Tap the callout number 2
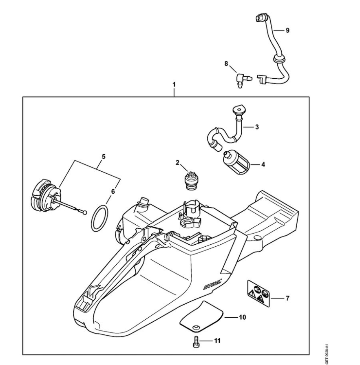coord(178,162)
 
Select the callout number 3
coord(257,127)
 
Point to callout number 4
coord(263,164)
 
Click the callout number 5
coord(104,156)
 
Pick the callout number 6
coord(113,191)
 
